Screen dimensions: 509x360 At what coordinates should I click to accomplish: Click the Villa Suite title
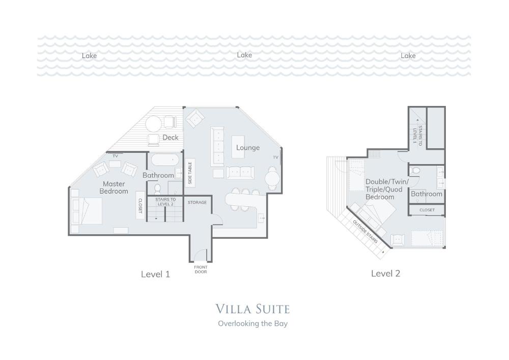[x=252, y=309]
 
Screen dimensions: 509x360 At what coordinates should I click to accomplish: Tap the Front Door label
[x=201, y=269]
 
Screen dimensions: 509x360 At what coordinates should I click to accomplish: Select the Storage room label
[x=197, y=202]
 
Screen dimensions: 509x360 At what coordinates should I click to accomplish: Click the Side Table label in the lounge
[x=190, y=173]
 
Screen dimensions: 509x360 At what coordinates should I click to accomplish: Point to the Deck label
[x=171, y=137]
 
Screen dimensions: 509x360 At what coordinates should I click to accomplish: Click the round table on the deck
[x=153, y=124]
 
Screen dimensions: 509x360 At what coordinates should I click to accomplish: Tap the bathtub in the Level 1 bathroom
[x=165, y=160]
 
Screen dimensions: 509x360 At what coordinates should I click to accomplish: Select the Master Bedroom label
[x=114, y=187]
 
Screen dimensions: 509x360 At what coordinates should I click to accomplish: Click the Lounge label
[x=248, y=148]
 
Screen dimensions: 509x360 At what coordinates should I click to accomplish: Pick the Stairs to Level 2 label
[x=165, y=202]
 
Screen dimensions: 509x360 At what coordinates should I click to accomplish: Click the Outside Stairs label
[x=365, y=232]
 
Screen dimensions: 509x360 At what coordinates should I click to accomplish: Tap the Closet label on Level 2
[x=427, y=210]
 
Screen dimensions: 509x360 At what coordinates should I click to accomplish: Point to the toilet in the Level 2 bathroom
[x=415, y=171]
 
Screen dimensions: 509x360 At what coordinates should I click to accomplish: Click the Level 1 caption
[x=155, y=274]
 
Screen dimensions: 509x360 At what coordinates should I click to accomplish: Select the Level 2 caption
[x=386, y=273]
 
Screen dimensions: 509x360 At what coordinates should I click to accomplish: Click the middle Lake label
[x=244, y=55]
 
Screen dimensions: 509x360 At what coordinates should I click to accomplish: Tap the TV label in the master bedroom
[x=115, y=156]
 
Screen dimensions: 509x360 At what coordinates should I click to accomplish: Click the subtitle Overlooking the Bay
[x=252, y=323]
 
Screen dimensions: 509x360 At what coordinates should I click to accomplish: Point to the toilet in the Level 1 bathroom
[x=157, y=188]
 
